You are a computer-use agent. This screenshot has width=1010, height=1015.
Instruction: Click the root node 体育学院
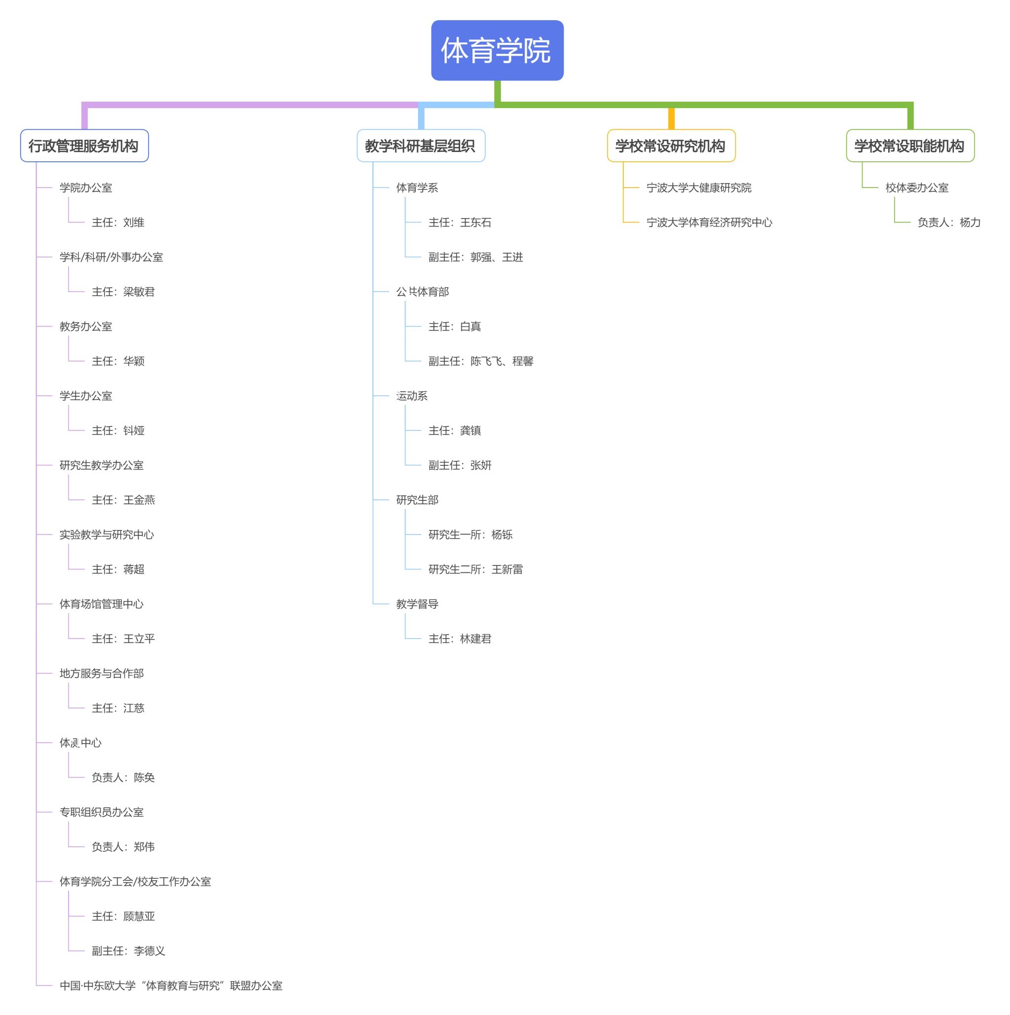497,50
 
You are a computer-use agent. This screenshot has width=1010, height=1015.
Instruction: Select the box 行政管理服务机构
84,146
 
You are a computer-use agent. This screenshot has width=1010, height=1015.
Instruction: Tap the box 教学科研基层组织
421,146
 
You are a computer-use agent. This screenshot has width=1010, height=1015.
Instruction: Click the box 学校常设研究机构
671,146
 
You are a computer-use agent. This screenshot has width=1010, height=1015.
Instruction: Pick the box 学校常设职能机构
910,146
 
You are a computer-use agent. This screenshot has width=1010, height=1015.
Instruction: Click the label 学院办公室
86,188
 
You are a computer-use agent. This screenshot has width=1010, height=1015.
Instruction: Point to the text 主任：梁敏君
123,292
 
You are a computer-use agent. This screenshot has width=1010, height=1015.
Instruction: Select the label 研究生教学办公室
101,465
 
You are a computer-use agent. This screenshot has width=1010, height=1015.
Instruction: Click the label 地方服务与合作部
101,673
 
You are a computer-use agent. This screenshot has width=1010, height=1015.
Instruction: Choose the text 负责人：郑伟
123,846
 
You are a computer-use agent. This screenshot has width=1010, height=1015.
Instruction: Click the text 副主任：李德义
128,950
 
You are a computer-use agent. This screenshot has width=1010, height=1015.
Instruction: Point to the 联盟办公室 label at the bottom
171,985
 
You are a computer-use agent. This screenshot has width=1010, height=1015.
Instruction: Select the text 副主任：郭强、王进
475,257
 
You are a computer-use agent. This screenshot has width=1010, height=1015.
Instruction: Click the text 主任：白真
454,326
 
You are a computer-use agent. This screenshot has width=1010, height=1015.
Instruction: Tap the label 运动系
412,396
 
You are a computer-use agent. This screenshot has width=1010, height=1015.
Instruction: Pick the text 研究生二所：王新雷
475,569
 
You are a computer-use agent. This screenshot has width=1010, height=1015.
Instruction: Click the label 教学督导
417,603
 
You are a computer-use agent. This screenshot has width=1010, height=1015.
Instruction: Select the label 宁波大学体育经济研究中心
709,222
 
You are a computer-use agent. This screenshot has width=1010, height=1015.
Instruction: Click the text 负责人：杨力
948,222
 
